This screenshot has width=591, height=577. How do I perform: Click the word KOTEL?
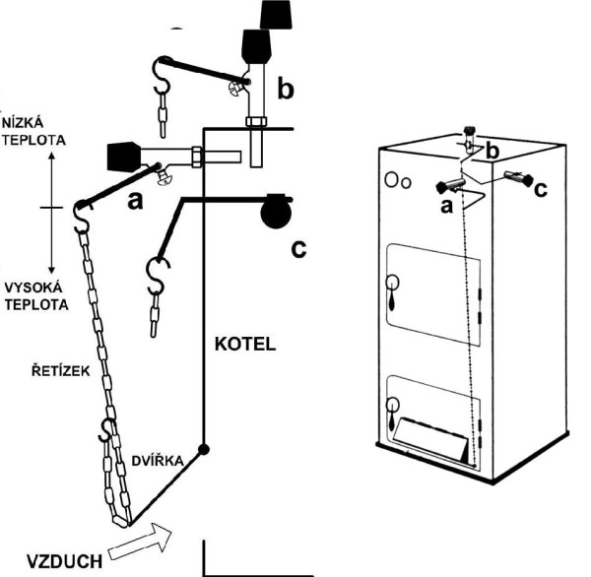pos(245,344)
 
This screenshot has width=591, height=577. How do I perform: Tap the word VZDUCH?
pos(64,561)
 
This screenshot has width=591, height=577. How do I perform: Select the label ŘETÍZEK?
pos(61,370)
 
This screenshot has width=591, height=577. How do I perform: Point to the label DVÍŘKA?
pos(158,460)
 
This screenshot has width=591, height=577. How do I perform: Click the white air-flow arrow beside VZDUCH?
pos(140,542)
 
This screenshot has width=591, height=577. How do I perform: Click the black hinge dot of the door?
pos(204,449)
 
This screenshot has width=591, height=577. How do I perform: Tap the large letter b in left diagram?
pos(286,89)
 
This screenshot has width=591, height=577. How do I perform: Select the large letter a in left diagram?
pos(135,202)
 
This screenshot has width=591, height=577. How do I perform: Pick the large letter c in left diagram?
pos(298,249)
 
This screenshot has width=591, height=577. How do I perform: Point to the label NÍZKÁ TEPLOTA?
pos(33,132)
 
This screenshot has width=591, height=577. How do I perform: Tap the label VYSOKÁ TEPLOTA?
pos(36,296)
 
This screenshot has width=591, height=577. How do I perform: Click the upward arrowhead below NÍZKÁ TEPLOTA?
pos(51,156)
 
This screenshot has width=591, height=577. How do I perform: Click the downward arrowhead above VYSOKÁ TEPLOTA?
pos(51,269)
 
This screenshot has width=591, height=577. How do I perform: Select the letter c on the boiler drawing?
pos(541,190)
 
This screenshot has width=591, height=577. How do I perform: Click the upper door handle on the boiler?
pos(392,289)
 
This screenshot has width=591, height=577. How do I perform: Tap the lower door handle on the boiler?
pos(392,412)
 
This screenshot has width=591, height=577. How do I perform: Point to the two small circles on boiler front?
pos(398,181)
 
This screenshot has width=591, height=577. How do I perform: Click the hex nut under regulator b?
pos(256,122)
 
